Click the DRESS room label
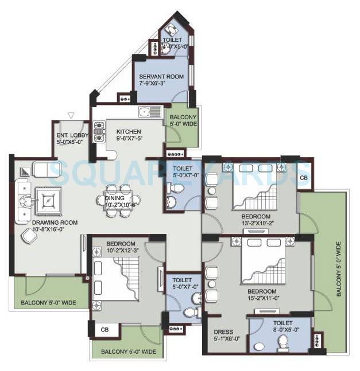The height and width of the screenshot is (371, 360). (x=222, y=332)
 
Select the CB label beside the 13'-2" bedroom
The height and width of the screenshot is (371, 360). (x=303, y=178)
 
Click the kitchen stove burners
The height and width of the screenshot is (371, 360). (x=98, y=131)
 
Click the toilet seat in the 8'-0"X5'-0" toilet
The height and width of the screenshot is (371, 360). (x=282, y=342)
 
